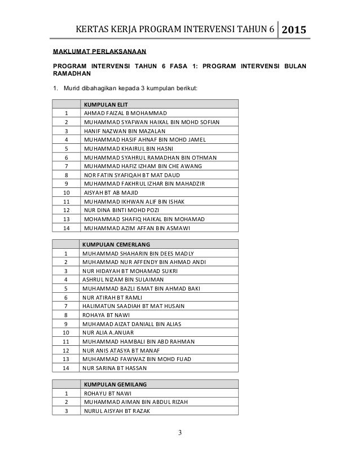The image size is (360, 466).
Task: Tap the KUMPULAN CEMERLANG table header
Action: tap(116, 245)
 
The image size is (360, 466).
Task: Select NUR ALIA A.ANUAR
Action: tap(110, 333)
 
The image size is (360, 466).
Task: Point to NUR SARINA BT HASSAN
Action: tap(115, 368)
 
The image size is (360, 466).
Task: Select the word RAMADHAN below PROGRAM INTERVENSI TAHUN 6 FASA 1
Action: tap(71, 73)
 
